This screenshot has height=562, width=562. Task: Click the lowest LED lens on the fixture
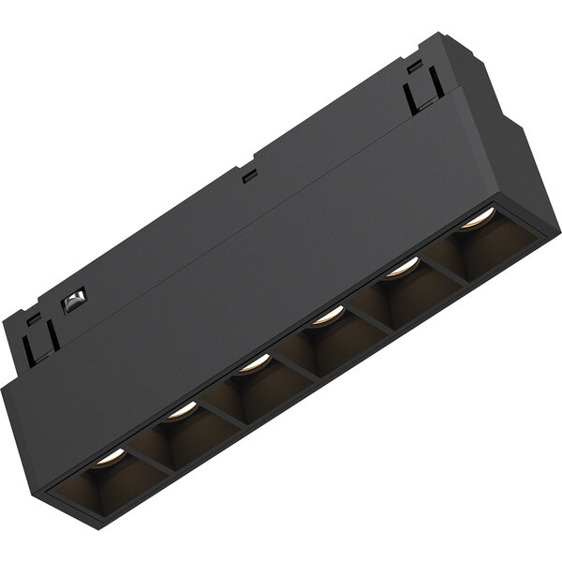111,456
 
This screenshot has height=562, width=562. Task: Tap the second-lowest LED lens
181,409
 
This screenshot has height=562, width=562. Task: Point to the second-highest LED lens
402,268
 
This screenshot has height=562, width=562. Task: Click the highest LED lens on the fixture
477,219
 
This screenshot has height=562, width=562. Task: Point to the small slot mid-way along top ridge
248,175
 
